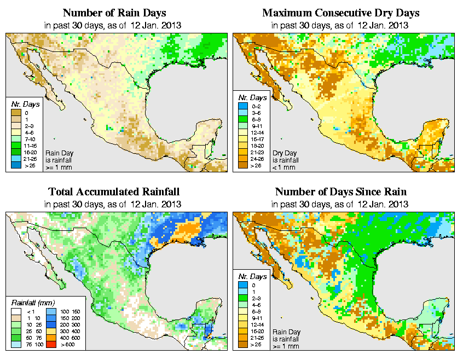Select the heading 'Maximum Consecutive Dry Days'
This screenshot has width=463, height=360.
pos(340,13)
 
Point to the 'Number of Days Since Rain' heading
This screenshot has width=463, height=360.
pos(340,192)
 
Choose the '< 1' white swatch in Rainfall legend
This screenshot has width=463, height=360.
pos(16,312)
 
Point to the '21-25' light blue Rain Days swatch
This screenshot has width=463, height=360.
pos(16,159)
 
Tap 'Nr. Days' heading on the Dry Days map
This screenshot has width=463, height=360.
pos(251,104)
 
